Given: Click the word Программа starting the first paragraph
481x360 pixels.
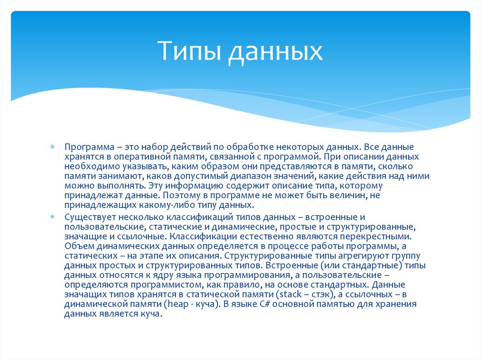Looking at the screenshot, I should coord(86,147).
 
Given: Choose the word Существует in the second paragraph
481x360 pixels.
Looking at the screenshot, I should coord(90,218).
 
